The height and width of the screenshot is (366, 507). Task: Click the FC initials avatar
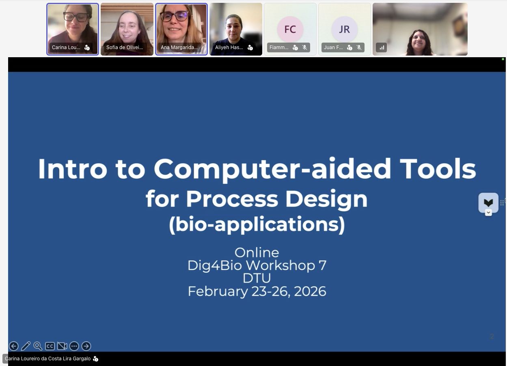(x=290, y=29)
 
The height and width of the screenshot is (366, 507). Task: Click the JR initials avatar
(x=345, y=29)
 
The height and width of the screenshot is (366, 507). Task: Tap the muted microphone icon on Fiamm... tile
(x=305, y=47)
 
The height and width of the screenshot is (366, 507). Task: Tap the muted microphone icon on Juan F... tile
(x=359, y=47)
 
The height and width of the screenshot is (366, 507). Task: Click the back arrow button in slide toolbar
(x=14, y=346)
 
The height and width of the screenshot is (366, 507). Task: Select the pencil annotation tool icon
(x=26, y=346)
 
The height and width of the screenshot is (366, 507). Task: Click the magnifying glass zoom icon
(x=38, y=346)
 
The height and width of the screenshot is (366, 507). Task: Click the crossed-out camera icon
(x=62, y=346)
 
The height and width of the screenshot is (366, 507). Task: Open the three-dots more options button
(x=74, y=346)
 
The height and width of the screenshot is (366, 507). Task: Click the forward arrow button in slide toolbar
(x=86, y=346)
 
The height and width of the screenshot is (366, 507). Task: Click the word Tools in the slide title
(x=438, y=169)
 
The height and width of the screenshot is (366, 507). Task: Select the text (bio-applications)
(x=257, y=225)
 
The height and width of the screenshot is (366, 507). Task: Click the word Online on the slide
(x=257, y=252)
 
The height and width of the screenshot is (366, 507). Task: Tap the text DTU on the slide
(x=257, y=278)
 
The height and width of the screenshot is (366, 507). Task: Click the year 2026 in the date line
(x=310, y=291)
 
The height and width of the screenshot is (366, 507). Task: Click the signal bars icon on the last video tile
(x=382, y=47)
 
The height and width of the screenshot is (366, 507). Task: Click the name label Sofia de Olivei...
(x=125, y=47)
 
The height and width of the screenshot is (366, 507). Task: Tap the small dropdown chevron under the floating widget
(x=488, y=212)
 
